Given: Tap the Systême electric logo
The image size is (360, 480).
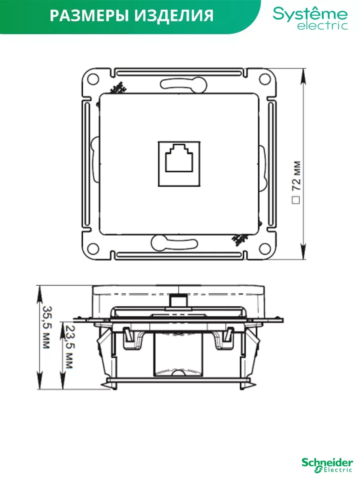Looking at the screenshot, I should pos(310,18).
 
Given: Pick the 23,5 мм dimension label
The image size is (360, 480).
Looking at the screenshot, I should pos(69,346).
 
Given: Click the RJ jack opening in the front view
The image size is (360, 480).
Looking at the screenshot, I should pos(179,162).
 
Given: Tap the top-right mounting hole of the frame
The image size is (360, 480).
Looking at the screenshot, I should pos(264,79).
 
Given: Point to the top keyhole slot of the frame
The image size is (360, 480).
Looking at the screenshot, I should pos(178,84).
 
